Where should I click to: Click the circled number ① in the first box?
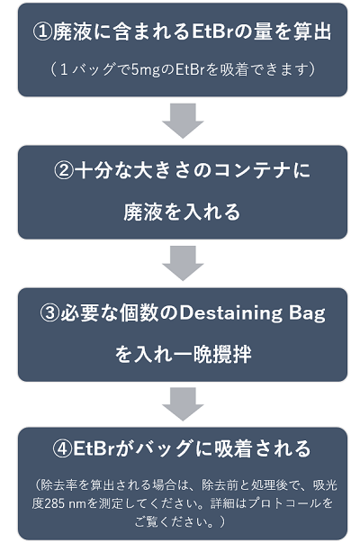(x=42, y=32)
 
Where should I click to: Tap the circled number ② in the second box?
(x=64, y=171)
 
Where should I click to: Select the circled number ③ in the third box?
(x=49, y=312)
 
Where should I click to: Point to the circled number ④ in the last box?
(x=62, y=448)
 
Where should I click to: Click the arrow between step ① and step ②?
(x=183, y=121)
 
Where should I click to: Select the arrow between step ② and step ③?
(x=183, y=263)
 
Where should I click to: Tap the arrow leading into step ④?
(x=183, y=404)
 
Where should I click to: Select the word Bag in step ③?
(x=307, y=313)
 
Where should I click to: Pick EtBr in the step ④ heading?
(x=94, y=448)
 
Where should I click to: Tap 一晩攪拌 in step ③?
(x=217, y=354)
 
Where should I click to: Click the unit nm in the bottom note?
(x=77, y=503)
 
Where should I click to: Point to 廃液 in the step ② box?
(x=142, y=212)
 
